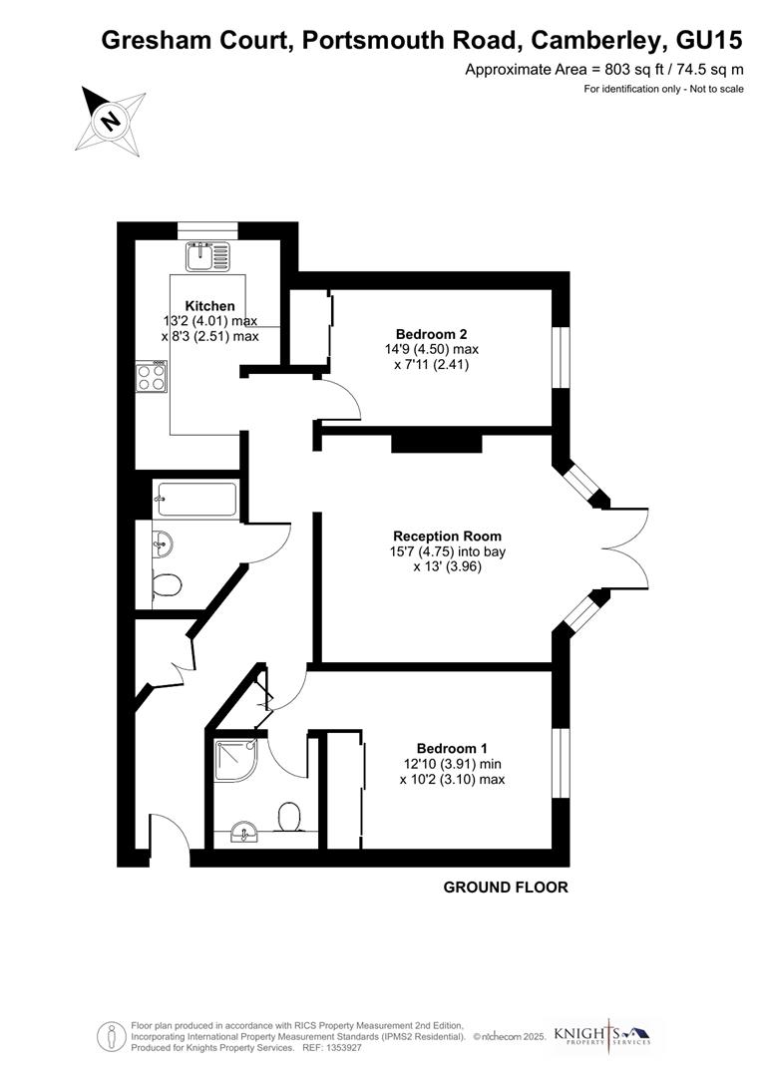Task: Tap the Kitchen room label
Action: tap(210, 306)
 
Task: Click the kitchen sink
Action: tap(207, 254)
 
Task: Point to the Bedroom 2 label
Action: tap(431, 334)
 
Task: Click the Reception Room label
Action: tap(447, 536)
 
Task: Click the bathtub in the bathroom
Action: tap(196, 499)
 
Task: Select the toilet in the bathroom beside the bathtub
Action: tap(166, 585)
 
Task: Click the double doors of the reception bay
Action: tap(623, 547)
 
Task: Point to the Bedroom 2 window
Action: tap(563, 357)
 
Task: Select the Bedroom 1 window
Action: tap(563, 763)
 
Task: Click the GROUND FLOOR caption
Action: tap(506, 887)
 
